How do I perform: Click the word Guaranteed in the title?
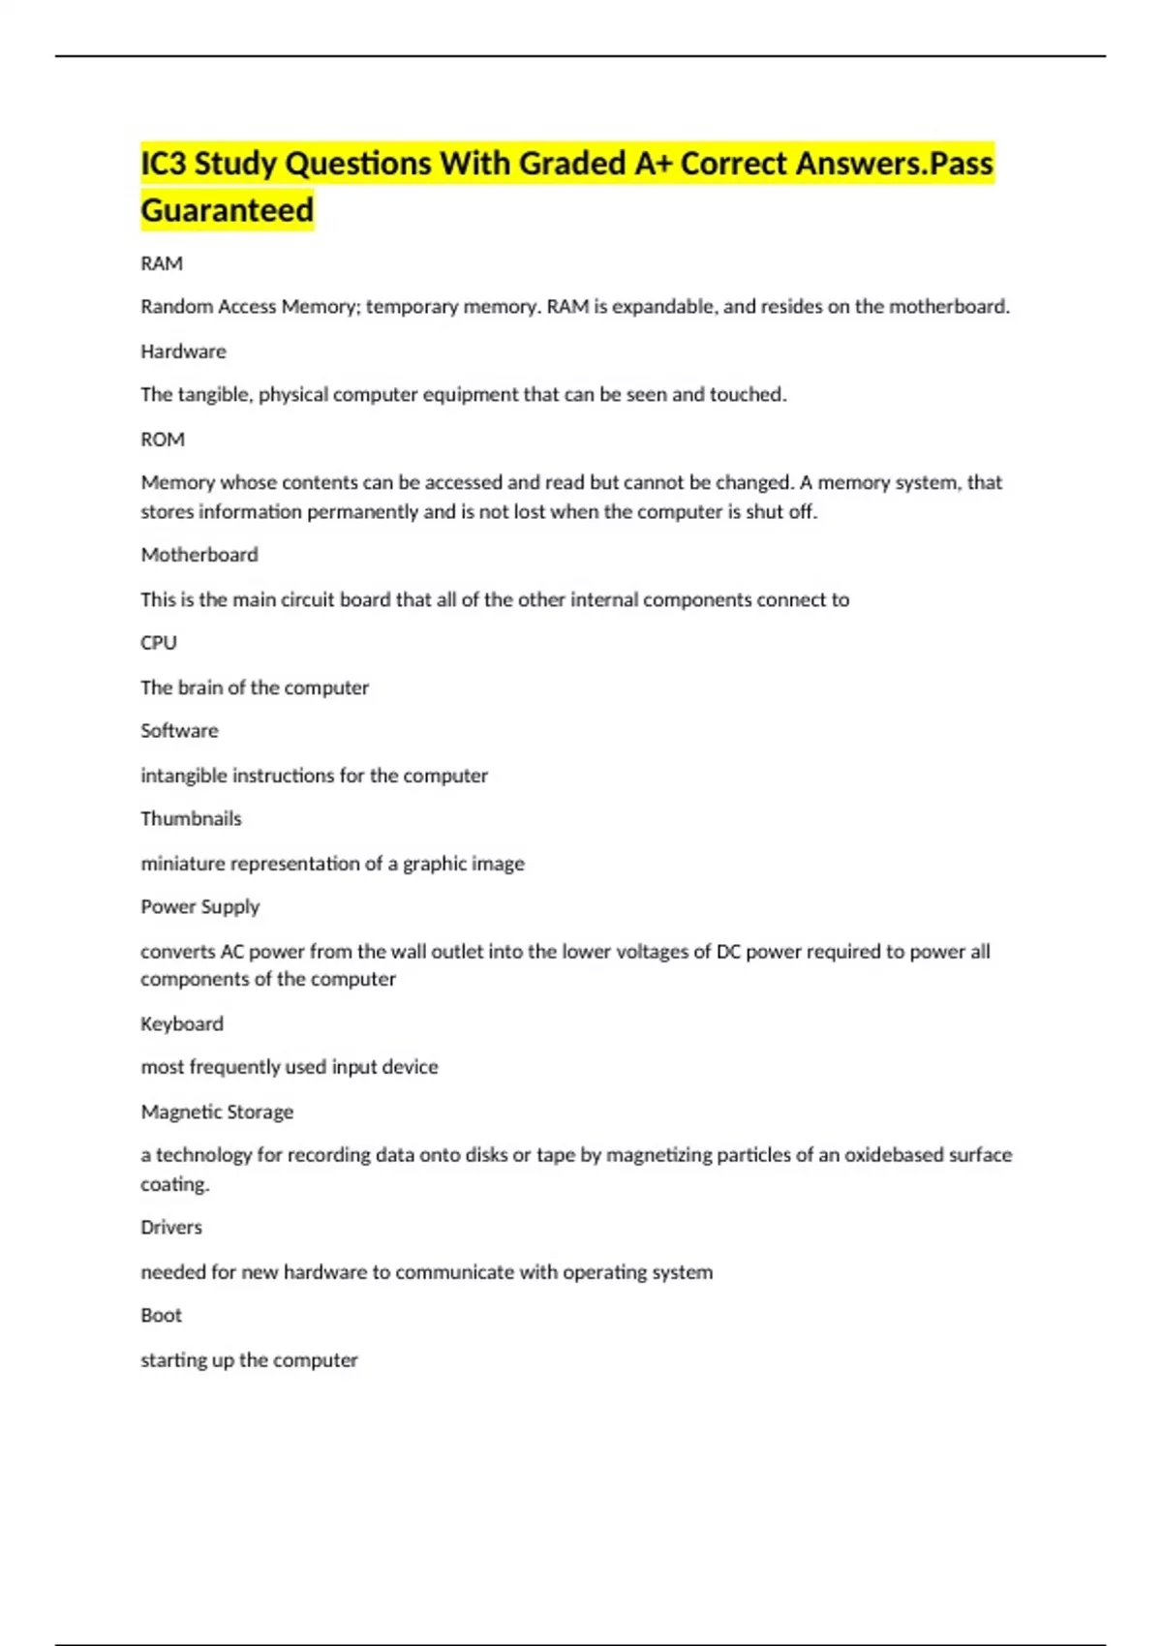coord(228,210)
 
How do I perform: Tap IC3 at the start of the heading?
coord(164,164)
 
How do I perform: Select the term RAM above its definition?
coord(162,263)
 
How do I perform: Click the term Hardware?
coord(183,351)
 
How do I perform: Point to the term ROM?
coord(163,440)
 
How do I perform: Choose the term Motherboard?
coord(199,555)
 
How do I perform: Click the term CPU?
coord(159,643)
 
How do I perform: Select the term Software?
coord(179,731)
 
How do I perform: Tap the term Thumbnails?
coord(191,819)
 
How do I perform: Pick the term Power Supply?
coord(200,907)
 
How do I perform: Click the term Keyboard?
coord(182,1023)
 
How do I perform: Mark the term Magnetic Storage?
coord(217,1112)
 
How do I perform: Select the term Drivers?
coord(171,1228)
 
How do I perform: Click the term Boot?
coord(161,1316)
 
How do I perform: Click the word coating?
coord(174,1184)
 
